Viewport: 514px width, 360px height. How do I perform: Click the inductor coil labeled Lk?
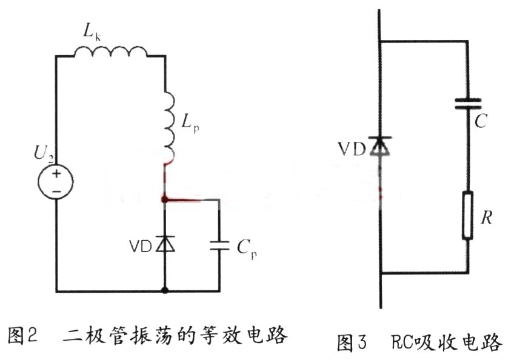(x=110, y=53)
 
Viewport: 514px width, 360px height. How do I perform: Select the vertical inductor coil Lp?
(x=168, y=124)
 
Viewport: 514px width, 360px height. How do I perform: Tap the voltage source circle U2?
(x=56, y=180)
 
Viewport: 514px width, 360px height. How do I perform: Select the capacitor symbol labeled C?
(x=468, y=104)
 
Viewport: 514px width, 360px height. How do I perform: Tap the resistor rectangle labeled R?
(x=468, y=216)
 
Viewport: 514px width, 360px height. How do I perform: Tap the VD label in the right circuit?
(x=353, y=148)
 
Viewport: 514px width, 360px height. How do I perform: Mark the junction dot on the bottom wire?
(x=165, y=292)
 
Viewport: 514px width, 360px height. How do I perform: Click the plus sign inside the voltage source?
(x=56, y=173)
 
